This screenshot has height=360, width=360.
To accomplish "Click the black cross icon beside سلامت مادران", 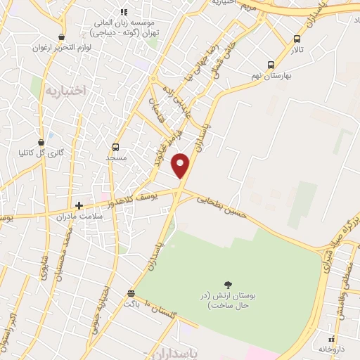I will pos(79,205).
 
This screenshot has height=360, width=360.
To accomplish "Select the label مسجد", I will pos(115,158).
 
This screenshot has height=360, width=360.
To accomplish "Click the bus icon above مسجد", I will pos(116,148).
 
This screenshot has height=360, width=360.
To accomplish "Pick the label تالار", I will pos(298,51).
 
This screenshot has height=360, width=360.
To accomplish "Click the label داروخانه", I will pos(333,348).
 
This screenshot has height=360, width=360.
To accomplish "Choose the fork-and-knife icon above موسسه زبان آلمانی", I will pos(124,12).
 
